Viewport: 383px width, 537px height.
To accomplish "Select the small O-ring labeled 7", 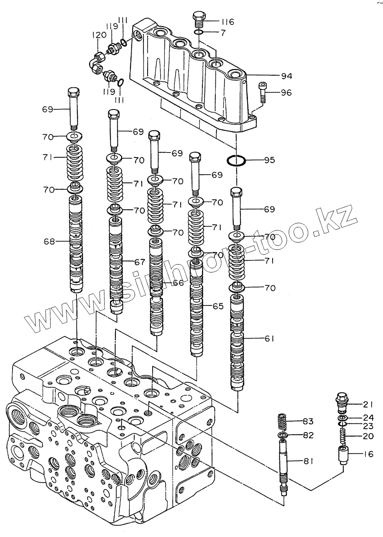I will click(199, 32).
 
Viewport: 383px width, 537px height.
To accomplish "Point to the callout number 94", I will click(275, 76).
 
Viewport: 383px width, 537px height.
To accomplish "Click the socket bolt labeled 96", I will click(263, 92).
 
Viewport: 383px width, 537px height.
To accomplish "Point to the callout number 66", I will click(178, 283).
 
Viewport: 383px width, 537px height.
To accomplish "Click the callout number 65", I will click(218, 306).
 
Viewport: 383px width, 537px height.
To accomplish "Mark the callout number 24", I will click(368, 417).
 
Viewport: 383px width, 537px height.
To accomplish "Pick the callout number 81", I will click(308, 462).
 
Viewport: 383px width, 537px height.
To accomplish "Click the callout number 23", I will click(368, 427).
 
